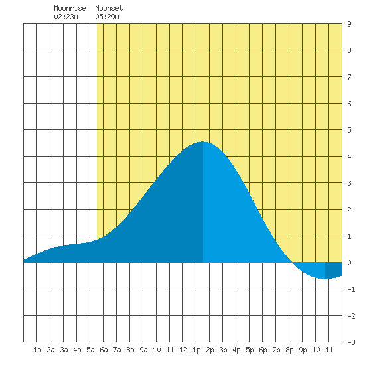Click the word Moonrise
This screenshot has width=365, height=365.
click(x=70, y=8)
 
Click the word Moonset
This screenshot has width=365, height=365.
click(x=109, y=8)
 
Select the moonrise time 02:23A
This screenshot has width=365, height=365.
click(x=66, y=17)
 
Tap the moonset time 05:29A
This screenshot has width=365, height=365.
click(x=107, y=17)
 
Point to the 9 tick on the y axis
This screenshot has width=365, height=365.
click(x=349, y=24)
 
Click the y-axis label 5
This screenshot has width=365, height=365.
click(x=349, y=130)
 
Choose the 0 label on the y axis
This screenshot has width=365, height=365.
click(x=349, y=263)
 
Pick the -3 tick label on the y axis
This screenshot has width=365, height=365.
click(x=351, y=342)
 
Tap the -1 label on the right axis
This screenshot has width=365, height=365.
click(x=351, y=289)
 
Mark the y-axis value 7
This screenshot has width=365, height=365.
click(x=349, y=77)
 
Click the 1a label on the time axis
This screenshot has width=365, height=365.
click(x=37, y=350)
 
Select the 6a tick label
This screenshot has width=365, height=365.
click(x=104, y=350)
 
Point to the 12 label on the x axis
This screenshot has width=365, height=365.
click(x=183, y=350)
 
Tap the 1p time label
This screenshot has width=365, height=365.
click(x=196, y=350)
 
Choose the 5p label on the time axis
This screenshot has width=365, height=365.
click(x=250, y=350)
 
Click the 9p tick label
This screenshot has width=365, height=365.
click(x=303, y=350)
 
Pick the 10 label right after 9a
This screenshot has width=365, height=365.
click(x=157, y=350)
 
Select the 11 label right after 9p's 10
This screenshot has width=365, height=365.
click(x=329, y=350)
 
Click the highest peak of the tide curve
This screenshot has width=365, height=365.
click(x=202, y=141)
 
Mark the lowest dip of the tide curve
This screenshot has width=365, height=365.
click(x=325, y=279)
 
